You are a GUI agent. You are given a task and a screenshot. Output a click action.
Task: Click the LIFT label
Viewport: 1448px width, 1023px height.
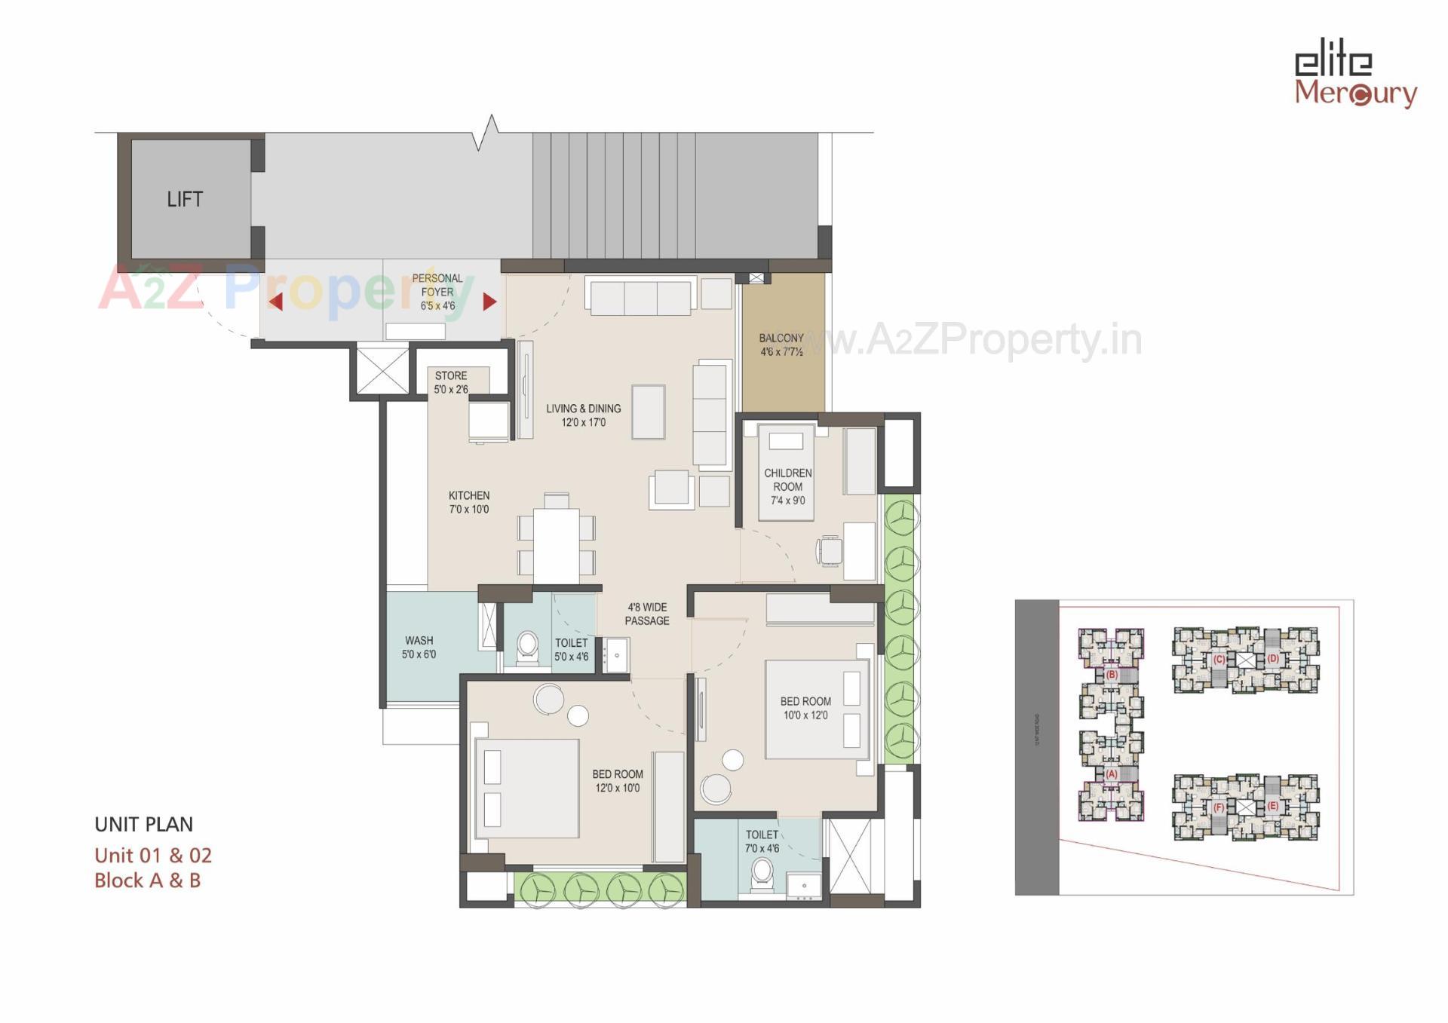click(x=185, y=199)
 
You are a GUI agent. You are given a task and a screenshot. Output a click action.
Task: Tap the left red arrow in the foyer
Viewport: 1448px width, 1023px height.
click(x=276, y=302)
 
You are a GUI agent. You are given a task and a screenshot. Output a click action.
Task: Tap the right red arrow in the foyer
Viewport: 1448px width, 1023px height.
click(x=489, y=302)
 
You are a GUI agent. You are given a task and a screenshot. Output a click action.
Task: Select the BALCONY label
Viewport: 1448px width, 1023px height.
click(x=781, y=345)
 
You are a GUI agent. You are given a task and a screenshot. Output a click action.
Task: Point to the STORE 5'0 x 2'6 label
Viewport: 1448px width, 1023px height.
click(x=451, y=382)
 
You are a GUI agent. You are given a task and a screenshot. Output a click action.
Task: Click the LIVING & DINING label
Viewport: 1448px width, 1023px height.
click(x=584, y=415)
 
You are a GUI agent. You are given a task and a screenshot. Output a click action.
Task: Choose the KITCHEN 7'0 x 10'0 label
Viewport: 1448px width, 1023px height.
click(x=469, y=502)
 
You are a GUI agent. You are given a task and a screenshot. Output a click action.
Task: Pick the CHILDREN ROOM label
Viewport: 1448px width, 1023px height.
click(x=788, y=486)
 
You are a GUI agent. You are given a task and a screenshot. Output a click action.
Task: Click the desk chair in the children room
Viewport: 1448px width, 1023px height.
click(x=830, y=550)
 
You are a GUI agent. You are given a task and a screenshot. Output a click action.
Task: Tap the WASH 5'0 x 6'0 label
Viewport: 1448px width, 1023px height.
click(x=419, y=648)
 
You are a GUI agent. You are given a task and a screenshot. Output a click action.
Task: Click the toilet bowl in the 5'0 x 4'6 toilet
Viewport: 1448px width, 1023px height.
click(x=527, y=647)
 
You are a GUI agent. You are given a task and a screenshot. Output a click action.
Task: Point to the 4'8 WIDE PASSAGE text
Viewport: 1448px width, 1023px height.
click(x=647, y=614)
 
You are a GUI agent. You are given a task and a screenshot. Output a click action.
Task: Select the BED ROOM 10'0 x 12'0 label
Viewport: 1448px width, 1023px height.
click(x=805, y=708)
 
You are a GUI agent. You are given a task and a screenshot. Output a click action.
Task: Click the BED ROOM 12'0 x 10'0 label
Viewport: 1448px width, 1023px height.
click(x=617, y=781)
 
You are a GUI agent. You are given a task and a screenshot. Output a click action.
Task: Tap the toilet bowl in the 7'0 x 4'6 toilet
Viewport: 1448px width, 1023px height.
click(x=762, y=872)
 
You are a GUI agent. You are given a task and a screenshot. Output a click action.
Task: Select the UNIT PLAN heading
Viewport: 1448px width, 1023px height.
click(x=144, y=824)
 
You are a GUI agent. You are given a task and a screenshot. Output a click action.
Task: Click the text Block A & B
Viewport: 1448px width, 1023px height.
click(x=148, y=881)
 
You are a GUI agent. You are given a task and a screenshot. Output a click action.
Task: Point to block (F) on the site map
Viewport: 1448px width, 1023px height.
click(x=1219, y=807)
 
